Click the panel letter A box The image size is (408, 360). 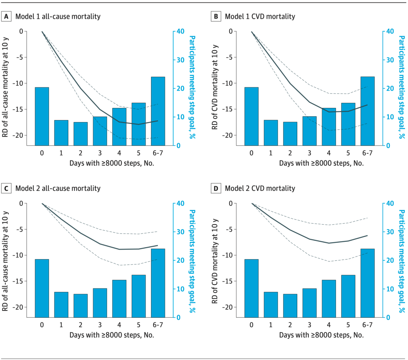click(6, 17)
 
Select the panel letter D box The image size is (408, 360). click(216, 188)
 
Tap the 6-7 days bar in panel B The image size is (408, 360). click(367, 111)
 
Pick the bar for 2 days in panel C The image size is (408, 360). click(80, 306)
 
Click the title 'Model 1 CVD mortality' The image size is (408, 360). click(260, 17)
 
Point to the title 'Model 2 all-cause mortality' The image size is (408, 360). click(57, 188)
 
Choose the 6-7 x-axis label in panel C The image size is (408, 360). click(158, 325)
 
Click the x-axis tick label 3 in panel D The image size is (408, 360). click(309, 325)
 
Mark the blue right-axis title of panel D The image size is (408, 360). click(402, 260)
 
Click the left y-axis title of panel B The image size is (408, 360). click(215, 88)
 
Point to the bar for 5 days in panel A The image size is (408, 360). click(139, 124)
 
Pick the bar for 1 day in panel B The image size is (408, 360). click(271, 133)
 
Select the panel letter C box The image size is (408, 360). click(6, 188)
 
